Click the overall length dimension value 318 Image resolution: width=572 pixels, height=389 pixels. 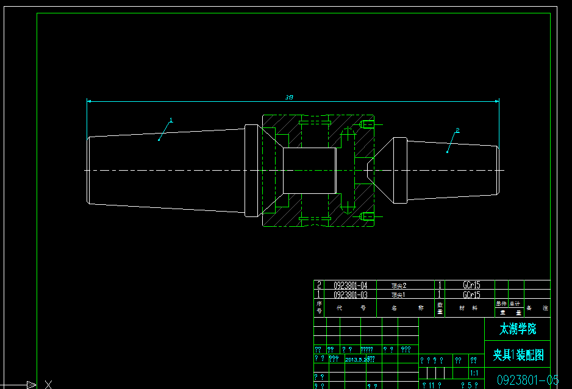[x=289, y=98]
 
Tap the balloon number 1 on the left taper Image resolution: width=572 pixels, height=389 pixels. [x=171, y=120]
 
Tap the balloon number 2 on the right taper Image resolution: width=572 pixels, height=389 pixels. [x=457, y=130]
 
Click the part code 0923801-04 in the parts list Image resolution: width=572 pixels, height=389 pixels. [x=350, y=285]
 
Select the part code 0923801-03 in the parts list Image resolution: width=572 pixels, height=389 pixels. [x=350, y=294]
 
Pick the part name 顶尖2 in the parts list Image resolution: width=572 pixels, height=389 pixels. [x=398, y=285]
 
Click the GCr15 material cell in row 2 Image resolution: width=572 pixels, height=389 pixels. [x=471, y=285]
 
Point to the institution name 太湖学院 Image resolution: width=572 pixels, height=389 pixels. [x=518, y=329]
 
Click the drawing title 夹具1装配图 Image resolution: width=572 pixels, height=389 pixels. [x=518, y=355]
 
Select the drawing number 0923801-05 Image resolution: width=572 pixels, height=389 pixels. [x=527, y=380]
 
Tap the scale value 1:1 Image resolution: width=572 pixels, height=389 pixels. [x=474, y=373]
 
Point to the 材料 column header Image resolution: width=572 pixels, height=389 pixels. [x=468, y=308]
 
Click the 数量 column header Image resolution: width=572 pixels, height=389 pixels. [x=440, y=308]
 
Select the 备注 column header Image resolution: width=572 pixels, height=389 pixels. [x=537, y=308]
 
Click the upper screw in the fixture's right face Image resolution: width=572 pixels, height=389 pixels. [x=366, y=126]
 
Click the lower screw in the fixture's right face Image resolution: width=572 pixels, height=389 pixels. [x=366, y=215]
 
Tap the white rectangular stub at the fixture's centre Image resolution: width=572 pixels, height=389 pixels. [x=309, y=170]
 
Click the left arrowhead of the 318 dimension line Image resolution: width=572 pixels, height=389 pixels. [x=90, y=101]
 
